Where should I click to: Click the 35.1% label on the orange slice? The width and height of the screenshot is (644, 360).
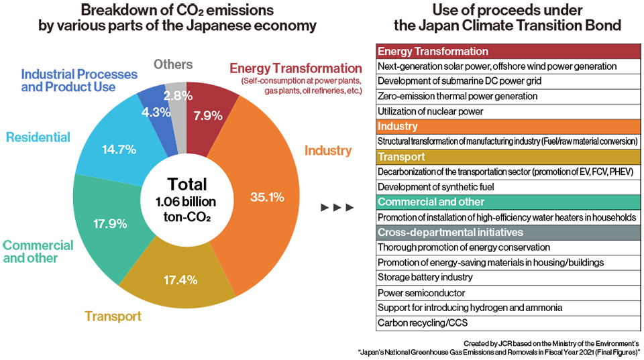pyautogui.click(x=268, y=198)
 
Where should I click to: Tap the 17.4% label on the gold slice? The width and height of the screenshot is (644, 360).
pyautogui.click(x=180, y=280)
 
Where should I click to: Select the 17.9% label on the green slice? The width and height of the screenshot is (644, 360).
pyautogui.click(x=110, y=224)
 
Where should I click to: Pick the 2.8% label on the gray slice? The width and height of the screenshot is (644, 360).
pyautogui.click(x=178, y=95)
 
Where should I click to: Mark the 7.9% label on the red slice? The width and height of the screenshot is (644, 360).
pyautogui.click(x=207, y=115)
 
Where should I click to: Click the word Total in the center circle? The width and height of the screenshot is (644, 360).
pyautogui.click(x=187, y=185)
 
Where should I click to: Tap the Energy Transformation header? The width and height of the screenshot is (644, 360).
pyautogui.click(x=433, y=52)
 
